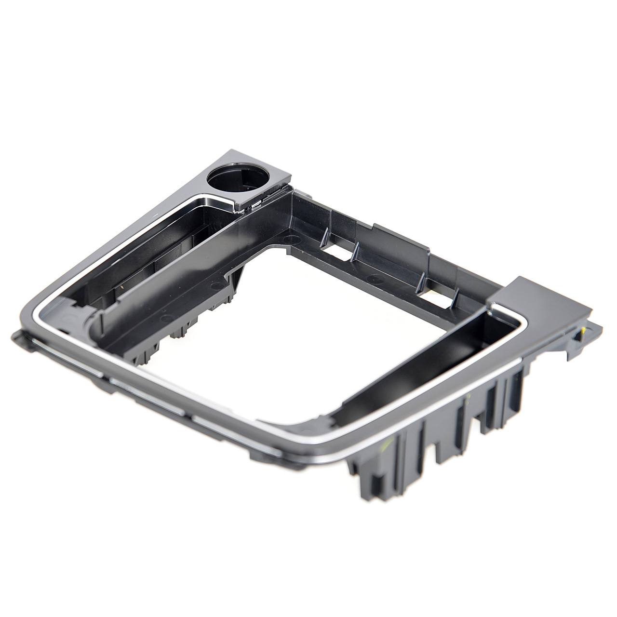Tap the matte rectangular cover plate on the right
pyautogui.click(x=523, y=296)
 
